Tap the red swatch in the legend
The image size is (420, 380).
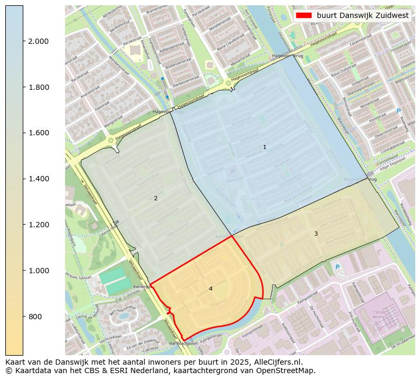click(x=304, y=15)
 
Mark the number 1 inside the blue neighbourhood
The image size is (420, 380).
click(x=264, y=147)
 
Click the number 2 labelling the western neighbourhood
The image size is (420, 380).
click(x=156, y=199)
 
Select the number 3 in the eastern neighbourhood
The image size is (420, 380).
click(x=316, y=234)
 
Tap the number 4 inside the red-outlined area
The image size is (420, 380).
click(x=211, y=289)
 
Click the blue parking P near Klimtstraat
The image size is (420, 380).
click(x=398, y=111)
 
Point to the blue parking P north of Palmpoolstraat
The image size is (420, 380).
click(x=337, y=267)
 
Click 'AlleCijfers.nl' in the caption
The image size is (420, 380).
click(x=277, y=362)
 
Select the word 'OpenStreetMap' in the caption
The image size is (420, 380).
click(x=288, y=370)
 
